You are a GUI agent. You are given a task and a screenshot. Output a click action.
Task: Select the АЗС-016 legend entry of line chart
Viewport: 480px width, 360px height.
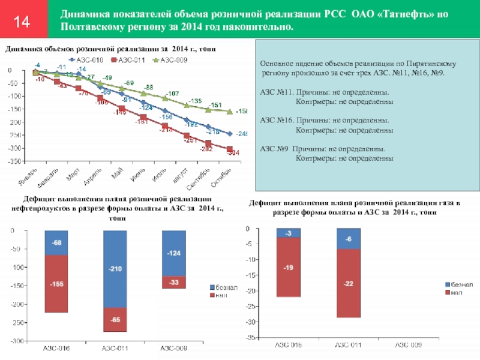coord(88,59)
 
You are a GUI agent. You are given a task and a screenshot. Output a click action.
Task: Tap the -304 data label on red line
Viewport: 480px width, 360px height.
coord(233,153)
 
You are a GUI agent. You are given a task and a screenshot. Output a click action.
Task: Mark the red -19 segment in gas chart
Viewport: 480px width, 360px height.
coord(288,267)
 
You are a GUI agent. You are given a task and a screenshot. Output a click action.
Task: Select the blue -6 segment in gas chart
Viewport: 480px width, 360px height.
coord(348,238)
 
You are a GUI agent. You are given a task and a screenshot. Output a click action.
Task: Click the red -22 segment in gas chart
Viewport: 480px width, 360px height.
coord(348,283)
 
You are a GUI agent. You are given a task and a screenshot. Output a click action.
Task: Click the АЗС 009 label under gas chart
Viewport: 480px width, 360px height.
coord(409,345)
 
